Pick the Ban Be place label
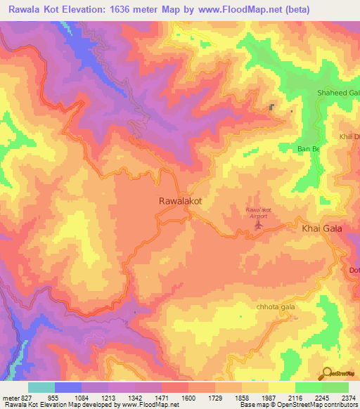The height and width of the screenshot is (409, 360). (309, 150)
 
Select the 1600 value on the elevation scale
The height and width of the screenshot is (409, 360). (188, 396)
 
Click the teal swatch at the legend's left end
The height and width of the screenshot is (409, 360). (41, 387)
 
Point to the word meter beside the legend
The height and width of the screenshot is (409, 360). (10, 396)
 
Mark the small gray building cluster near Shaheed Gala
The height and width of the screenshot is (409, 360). (272, 108)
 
